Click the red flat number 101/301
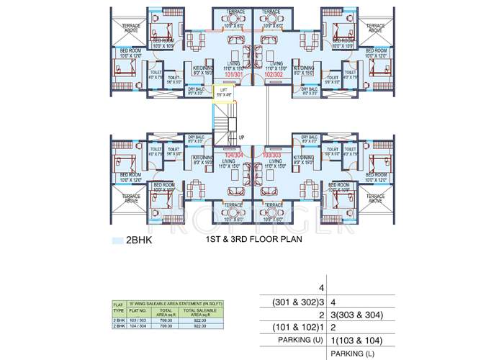click(233, 74)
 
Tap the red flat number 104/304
click(233, 155)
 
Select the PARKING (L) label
click(356, 354)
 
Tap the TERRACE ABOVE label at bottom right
click(374, 197)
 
